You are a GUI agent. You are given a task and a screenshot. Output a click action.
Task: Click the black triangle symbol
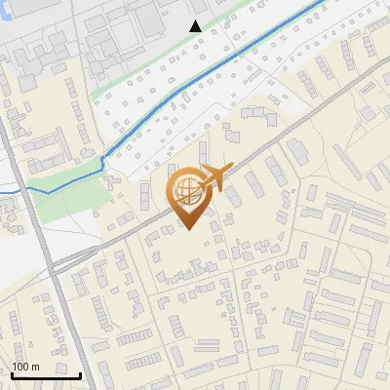(x=196, y=26)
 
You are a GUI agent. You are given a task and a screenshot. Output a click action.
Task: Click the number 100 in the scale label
(x=20, y=367)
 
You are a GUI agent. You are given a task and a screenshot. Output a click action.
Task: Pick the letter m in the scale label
(x=35, y=367)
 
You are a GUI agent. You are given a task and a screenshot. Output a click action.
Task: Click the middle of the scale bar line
(x=46, y=374)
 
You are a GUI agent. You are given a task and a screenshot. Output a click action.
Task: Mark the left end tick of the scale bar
(x=13, y=373)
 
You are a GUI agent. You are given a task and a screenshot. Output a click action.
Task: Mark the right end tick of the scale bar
(x=80, y=373)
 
